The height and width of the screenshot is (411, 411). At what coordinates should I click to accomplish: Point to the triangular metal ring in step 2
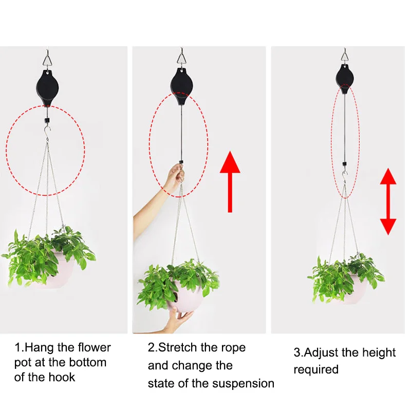[181, 59]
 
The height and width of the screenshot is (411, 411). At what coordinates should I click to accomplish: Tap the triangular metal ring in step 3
[345, 57]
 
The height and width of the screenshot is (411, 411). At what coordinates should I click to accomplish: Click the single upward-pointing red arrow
[230, 181]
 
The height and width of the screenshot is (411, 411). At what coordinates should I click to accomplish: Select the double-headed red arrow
[388, 201]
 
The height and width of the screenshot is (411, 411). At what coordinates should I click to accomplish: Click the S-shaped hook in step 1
[47, 133]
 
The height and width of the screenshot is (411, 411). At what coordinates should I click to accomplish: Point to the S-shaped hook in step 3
[345, 177]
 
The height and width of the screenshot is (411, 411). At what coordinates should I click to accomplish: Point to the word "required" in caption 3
[316, 370]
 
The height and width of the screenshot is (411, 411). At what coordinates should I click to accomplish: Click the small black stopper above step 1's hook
[47, 121]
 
